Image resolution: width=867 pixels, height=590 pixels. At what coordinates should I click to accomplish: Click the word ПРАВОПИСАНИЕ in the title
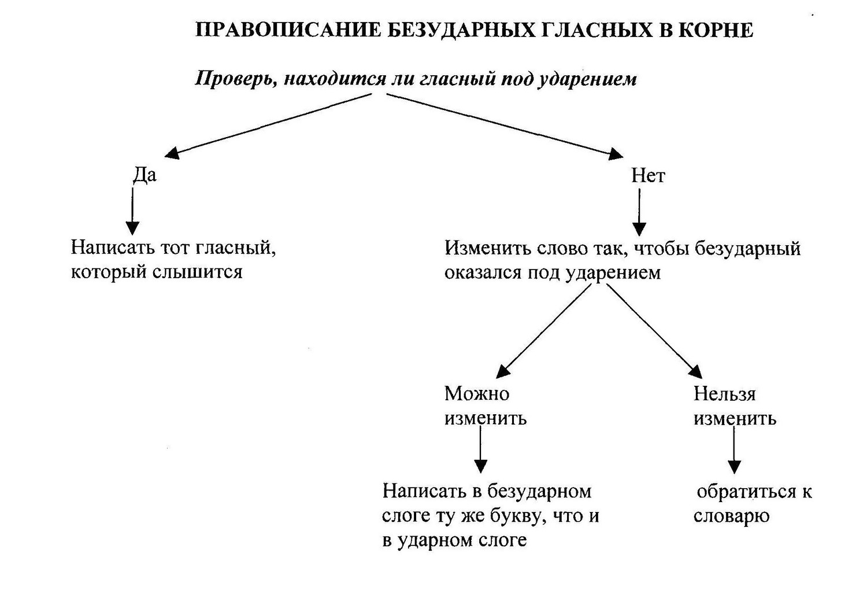288,30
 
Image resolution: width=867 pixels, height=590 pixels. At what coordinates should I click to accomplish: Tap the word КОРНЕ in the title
716,30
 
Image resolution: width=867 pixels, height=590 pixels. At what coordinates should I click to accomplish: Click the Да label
144,175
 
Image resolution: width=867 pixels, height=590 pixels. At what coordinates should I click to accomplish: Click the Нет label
648,175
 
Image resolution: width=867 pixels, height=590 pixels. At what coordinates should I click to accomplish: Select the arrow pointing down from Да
133,211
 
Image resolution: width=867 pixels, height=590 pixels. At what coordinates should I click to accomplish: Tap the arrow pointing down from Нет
639,212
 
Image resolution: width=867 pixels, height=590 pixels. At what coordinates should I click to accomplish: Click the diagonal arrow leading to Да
268,126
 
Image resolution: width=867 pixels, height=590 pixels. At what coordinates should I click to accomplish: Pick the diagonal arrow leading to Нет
505,126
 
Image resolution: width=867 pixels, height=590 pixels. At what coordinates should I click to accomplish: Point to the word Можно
477,394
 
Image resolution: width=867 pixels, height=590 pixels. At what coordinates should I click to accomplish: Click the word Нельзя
725,394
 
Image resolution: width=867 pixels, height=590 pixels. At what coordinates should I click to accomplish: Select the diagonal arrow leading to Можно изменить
544,331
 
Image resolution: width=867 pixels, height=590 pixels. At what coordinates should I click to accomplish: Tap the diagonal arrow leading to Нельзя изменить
654,331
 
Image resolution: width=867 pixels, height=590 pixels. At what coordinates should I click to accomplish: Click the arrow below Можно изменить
481,449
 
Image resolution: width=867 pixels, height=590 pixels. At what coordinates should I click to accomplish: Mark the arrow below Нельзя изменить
734,450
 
